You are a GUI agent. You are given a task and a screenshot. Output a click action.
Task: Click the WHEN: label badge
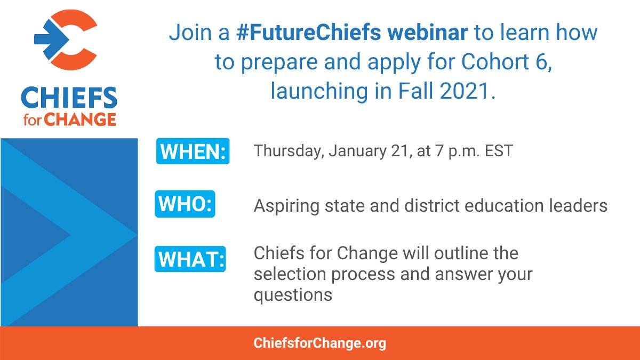(193, 151)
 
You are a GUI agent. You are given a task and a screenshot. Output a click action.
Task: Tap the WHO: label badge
(185, 205)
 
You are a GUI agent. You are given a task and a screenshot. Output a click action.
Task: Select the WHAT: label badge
(190, 259)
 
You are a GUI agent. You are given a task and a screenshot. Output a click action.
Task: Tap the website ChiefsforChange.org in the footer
(319, 343)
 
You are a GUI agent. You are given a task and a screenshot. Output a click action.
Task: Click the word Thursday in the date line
(288, 151)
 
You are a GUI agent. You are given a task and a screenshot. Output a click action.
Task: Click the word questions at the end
(293, 295)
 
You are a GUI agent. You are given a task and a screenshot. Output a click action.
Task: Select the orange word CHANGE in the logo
(79, 119)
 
